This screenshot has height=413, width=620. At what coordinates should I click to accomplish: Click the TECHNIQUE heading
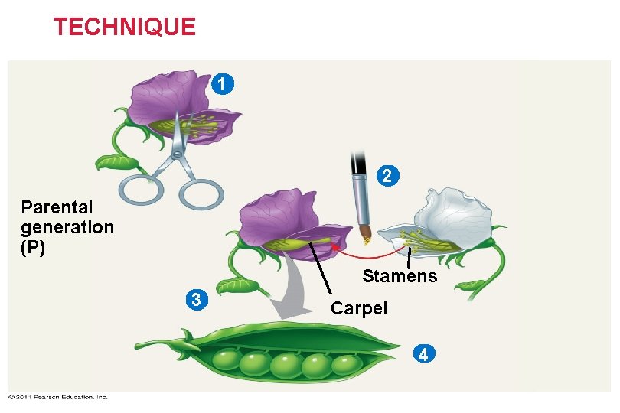(x=124, y=28)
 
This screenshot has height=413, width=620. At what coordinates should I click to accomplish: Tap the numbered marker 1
(x=220, y=83)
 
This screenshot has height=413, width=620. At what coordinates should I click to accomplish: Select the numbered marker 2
(x=387, y=176)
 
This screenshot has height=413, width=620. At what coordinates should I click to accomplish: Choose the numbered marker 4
(x=423, y=353)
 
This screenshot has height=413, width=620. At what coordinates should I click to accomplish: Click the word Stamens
(x=400, y=276)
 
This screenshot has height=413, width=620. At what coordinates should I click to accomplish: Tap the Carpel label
(x=359, y=308)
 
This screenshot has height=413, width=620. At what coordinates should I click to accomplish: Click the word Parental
(x=57, y=207)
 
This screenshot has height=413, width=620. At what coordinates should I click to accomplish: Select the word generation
(x=67, y=227)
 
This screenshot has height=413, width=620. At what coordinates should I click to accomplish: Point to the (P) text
(x=34, y=248)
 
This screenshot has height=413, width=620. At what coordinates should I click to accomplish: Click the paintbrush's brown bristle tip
(x=364, y=234)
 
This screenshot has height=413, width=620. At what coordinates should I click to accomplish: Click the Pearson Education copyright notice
(x=58, y=396)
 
